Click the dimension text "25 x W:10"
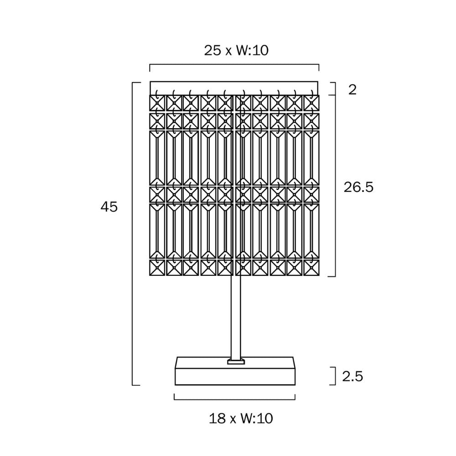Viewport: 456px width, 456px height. (x=236, y=50)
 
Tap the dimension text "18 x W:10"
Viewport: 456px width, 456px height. (x=241, y=419)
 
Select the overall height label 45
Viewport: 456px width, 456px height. (x=109, y=207)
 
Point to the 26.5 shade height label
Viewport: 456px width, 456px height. (x=358, y=187)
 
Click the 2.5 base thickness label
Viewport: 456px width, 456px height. (x=352, y=376)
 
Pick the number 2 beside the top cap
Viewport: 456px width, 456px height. (x=352, y=89)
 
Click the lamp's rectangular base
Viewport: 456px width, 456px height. (x=235, y=371)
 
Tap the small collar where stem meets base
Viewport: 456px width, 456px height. (x=236, y=362)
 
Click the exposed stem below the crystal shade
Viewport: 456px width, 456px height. (x=236, y=317)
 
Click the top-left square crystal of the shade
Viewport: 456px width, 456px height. (x=157, y=103)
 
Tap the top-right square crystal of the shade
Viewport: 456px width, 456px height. (x=311, y=103)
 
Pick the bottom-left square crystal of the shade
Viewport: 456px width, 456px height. (x=157, y=268)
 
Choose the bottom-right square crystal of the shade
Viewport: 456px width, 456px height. (x=311, y=268)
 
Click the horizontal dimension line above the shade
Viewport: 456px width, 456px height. (x=234, y=65)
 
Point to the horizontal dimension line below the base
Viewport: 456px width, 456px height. (x=235, y=399)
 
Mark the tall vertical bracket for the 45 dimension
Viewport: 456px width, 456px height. (x=133, y=234)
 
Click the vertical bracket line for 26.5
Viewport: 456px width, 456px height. (x=335, y=186)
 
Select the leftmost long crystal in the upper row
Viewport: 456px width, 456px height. (x=157, y=158)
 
